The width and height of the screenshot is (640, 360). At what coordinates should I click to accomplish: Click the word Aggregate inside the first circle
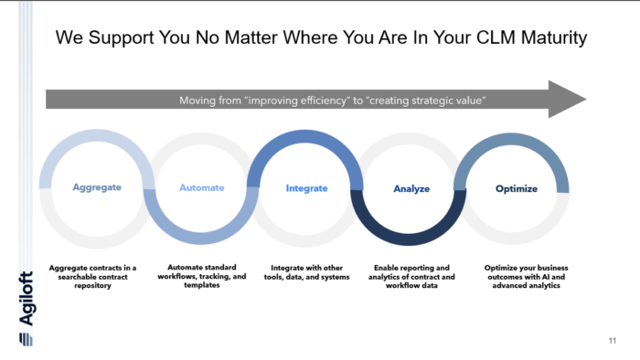97,187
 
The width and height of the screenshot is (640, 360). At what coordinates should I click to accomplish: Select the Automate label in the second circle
201,187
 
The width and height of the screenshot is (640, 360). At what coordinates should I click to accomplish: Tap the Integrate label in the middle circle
306,188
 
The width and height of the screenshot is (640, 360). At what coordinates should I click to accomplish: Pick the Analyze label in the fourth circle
411,189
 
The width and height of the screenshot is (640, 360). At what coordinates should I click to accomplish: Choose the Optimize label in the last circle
516,189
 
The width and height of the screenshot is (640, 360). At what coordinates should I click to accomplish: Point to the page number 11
612,342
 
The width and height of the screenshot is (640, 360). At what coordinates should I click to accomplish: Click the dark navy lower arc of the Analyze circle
411,232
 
